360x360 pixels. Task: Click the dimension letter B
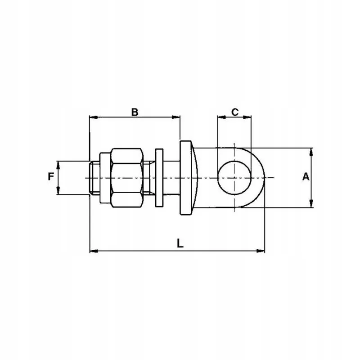click(135, 112)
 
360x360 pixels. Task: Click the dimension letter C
click(234, 112)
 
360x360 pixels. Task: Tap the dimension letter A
click(306, 177)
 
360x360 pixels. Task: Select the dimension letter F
click(51, 176)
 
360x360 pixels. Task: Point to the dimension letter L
click(180, 243)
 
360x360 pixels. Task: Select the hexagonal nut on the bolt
click(127, 178)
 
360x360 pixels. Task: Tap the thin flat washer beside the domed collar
click(159, 178)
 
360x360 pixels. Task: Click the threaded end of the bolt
click(94, 178)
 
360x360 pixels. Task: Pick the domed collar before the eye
click(188, 178)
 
